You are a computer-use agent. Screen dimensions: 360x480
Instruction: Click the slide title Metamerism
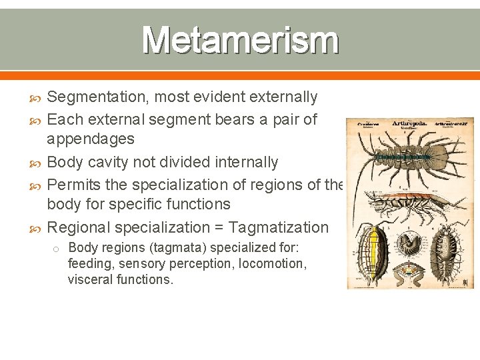[x=240, y=40]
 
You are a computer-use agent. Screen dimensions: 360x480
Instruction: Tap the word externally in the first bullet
[x=283, y=97]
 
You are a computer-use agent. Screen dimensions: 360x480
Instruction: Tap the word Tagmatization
[x=279, y=227]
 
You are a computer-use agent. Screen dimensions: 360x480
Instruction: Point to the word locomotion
[x=271, y=264]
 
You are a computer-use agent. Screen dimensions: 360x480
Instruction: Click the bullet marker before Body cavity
[x=38, y=162]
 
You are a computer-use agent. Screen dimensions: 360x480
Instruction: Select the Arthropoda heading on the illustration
[x=409, y=123]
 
